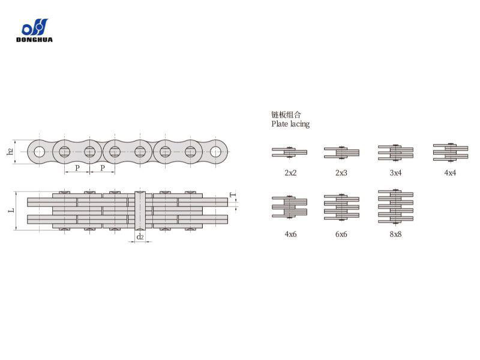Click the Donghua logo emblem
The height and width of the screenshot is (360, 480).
click(35, 27)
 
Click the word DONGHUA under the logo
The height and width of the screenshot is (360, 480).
click(34, 40)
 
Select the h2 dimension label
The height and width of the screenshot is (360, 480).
click(10, 151)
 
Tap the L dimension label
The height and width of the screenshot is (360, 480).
click(11, 211)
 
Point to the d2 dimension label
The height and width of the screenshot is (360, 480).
click(140, 236)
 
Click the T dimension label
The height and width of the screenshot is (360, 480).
click(233, 194)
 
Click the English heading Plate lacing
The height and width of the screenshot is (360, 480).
click(290, 124)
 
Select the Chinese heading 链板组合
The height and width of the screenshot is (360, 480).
click(286, 115)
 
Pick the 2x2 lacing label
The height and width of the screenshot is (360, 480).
click(290, 173)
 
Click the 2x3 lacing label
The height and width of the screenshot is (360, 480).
click(341, 173)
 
